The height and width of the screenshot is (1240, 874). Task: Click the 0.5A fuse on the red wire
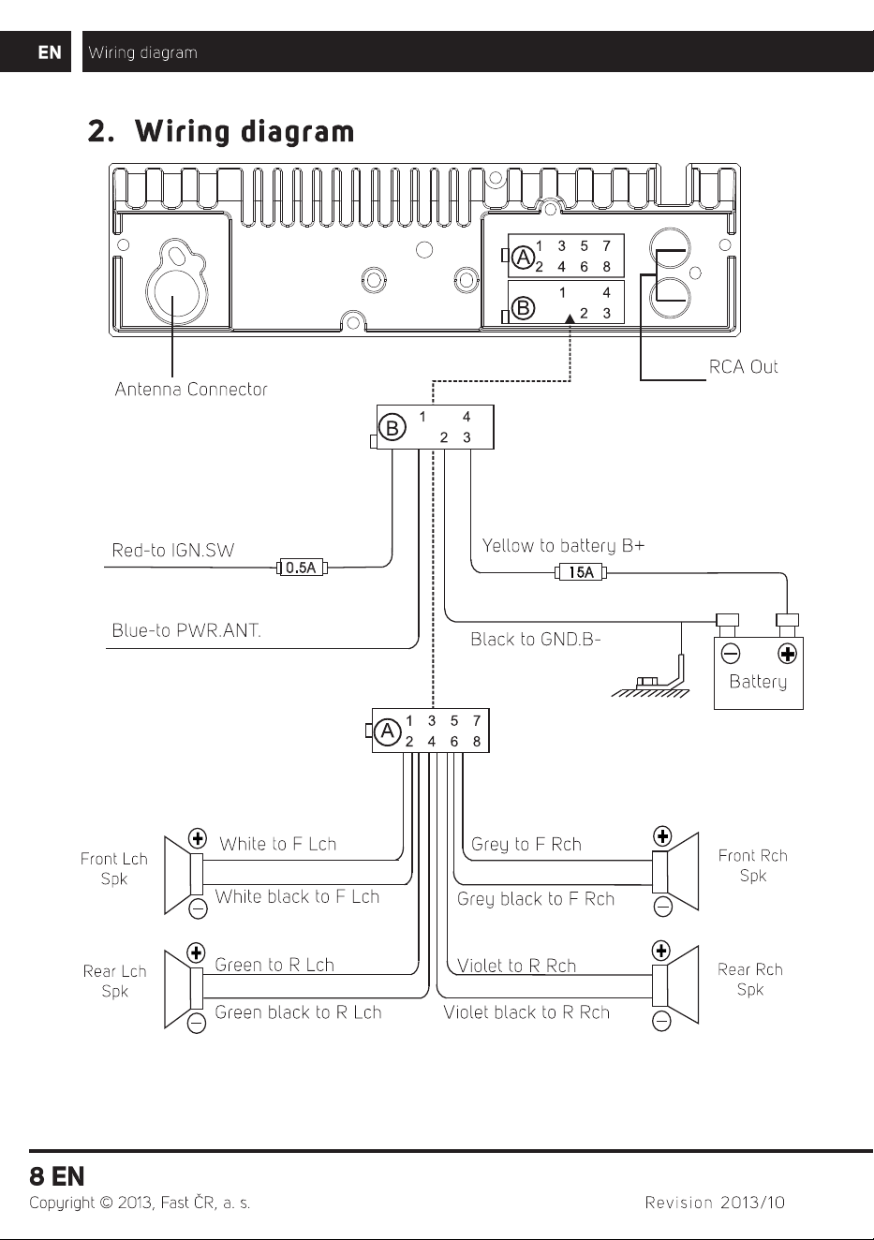click(x=302, y=568)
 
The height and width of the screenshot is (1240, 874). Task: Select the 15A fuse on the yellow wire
click(x=581, y=572)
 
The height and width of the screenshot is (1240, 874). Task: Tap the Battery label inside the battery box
click(x=758, y=682)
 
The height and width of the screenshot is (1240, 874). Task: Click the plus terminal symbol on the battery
click(x=787, y=654)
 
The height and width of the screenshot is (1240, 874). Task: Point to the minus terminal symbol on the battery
click(x=731, y=654)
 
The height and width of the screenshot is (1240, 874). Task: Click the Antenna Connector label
click(x=191, y=390)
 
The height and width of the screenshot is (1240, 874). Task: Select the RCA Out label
click(x=743, y=366)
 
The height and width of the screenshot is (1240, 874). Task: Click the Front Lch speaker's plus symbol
click(x=198, y=838)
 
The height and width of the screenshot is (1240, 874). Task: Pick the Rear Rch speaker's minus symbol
click(x=661, y=1021)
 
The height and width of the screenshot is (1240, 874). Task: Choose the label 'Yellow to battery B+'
click(x=563, y=546)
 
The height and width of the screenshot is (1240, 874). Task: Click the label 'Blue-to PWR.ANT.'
click(x=186, y=630)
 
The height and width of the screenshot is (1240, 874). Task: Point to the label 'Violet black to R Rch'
click(x=526, y=1012)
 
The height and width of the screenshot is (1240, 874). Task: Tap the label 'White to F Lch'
click(x=278, y=844)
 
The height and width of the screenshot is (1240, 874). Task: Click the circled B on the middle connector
click(x=393, y=427)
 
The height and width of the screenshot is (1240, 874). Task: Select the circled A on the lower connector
click(x=388, y=731)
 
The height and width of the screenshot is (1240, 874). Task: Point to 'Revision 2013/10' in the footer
click(x=715, y=1203)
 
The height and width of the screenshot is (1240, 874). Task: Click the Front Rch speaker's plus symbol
click(x=662, y=836)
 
